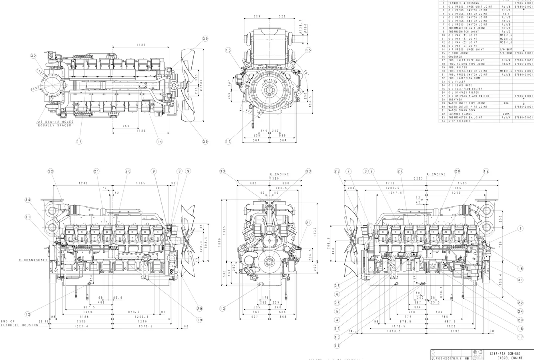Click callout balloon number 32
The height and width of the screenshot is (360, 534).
[33, 56]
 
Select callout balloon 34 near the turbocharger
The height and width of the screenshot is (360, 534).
[27, 200]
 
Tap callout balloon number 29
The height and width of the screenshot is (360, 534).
[199, 308]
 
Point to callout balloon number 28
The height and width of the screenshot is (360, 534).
[337, 171]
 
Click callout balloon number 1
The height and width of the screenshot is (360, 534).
[520, 228]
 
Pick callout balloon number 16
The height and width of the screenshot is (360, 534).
[520, 269]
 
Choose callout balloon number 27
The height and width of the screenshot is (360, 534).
[400, 171]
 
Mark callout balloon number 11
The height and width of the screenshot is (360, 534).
[337, 346]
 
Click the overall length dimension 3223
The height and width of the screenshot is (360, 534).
[419, 178]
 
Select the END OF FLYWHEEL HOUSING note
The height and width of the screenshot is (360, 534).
[19, 323]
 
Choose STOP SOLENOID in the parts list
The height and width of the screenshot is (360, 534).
[459, 121]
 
